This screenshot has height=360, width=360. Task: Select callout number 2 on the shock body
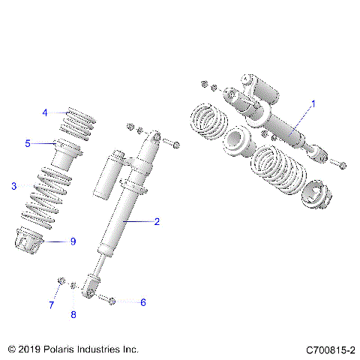[x=157, y=221]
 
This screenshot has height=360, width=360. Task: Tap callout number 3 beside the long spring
[x=13, y=186]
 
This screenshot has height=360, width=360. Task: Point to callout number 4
[x=45, y=112]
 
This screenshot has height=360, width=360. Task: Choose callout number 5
[x=28, y=142]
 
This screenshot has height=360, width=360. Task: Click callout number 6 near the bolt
[x=142, y=302]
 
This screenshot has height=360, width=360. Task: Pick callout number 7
[x=52, y=305]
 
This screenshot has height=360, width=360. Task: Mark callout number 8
[x=73, y=314]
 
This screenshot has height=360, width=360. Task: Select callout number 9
[x=73, y=241]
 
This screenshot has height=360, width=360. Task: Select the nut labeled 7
[x=59, y=281]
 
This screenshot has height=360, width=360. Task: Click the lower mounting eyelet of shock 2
[x=89, y=287]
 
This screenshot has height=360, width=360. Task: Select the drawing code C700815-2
[x=331, y=349]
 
